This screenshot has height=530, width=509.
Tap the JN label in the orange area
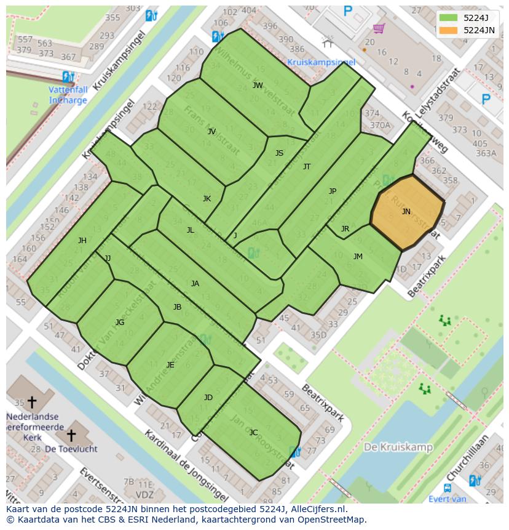(x=406, y=211)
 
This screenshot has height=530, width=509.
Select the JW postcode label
(x=258, y=85)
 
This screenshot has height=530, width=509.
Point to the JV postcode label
(x=211, y=131)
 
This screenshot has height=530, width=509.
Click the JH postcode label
(x=82, y=241)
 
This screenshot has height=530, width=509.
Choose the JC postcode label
(x=253, y=432)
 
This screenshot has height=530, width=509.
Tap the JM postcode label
(x=358, y=256)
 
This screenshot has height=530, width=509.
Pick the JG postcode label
(x=120, y=322)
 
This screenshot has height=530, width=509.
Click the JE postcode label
(x=170, y=364)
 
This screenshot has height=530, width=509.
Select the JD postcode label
(x=208, y=397)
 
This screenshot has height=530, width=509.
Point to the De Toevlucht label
(x=71, y=449)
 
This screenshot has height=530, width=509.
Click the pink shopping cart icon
(x=379, y=28)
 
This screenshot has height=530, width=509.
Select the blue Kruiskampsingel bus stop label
(x=321, y=62)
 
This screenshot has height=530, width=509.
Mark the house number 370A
(x=379, y=124)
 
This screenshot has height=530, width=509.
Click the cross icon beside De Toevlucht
(x=71, y=435)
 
